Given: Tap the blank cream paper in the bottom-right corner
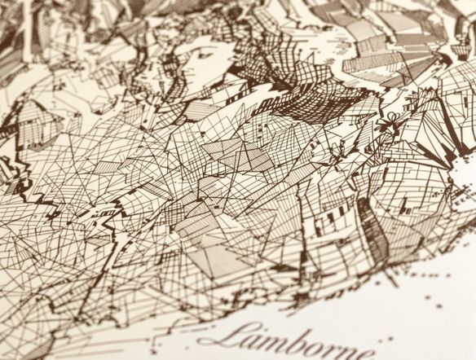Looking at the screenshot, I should [440, 326].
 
